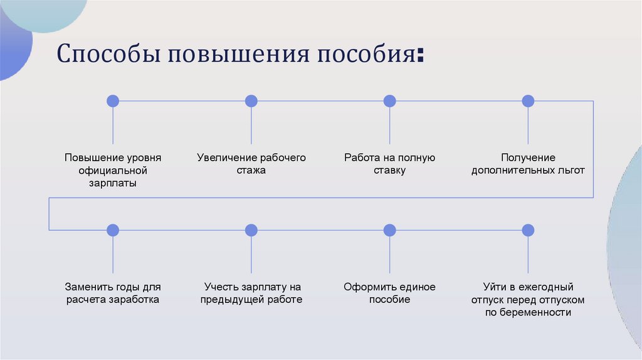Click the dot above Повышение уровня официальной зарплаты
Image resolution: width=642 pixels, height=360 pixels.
[113, 101]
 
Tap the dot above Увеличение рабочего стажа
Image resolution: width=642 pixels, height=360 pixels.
[251, 101]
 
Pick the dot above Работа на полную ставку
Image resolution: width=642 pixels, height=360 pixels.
[389, 101]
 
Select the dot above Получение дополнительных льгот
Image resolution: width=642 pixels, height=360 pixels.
[528, 101]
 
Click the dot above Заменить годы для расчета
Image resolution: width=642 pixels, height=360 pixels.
[113, 230]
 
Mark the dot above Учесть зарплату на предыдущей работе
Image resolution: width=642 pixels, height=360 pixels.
[251, 230]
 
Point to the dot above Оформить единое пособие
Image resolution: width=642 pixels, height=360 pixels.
[389, 230]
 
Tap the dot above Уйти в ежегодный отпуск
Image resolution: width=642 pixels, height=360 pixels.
[528, 230]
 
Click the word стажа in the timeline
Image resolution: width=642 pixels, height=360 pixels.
[251, 171]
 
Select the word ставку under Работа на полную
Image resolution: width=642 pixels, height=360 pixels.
[389, 171]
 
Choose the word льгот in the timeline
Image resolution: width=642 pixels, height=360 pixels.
[570, 171]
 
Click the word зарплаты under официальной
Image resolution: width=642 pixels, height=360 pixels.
[113, 184]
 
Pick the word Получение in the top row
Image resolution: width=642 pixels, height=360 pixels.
[528, 157]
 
